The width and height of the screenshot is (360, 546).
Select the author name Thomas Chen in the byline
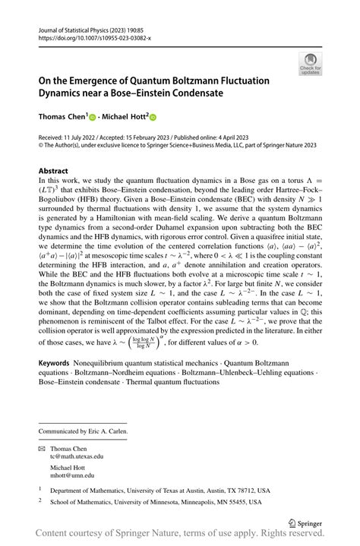61,118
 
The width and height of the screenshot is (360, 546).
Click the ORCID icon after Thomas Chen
92,118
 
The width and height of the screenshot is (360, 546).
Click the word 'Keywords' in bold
58,374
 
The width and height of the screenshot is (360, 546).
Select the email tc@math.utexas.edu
77,456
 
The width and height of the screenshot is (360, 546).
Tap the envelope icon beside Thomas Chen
43,447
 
